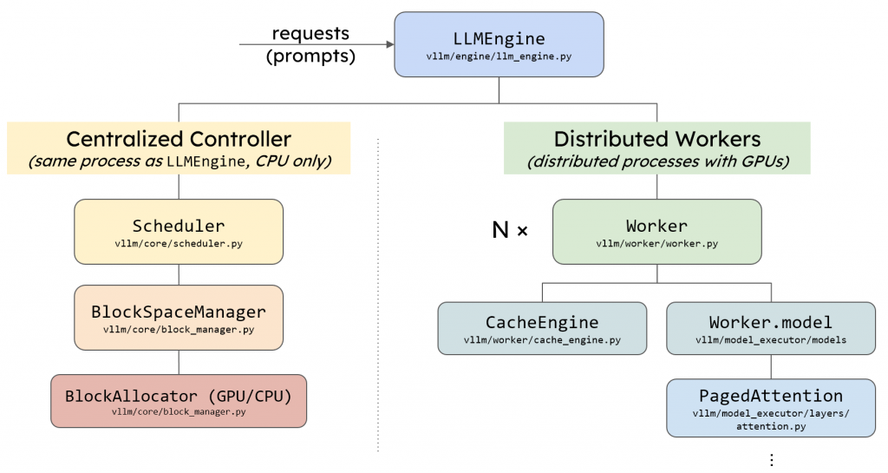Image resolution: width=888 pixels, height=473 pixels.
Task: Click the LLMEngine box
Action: (499, 44)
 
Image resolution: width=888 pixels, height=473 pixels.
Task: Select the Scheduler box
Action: (179, 231)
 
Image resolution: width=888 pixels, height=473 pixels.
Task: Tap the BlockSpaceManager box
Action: (179, 318)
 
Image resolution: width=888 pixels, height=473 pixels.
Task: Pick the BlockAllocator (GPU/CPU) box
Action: (179, 400)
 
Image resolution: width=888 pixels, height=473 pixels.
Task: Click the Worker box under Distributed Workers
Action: (657, 231)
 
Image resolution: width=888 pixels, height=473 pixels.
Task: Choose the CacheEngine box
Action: (542, 328)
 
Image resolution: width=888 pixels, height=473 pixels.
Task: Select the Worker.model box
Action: (771, 328)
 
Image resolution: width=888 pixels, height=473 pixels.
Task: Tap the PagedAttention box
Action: (771, 408)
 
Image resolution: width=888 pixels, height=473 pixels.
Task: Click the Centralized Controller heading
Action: (179, 139)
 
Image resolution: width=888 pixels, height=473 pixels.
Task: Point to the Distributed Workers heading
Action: (657, 139)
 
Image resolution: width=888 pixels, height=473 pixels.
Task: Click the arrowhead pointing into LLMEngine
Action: (390, 44)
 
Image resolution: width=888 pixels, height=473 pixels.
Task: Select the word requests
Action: (310, 34)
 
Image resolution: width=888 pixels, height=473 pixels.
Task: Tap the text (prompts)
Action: (310, 56)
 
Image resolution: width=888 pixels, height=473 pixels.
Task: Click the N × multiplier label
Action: (510, 230)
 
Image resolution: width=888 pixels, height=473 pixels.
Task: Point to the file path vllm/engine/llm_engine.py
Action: (499, 56)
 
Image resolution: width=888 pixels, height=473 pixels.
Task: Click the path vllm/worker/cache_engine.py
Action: (542, 340)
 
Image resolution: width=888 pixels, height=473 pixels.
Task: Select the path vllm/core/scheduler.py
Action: (179, 244)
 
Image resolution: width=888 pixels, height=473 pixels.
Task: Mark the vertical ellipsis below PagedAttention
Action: (771, 459)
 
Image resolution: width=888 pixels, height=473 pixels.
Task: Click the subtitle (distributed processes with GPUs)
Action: (657, 161)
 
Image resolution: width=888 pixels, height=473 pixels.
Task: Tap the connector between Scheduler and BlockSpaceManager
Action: (179, 275)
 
